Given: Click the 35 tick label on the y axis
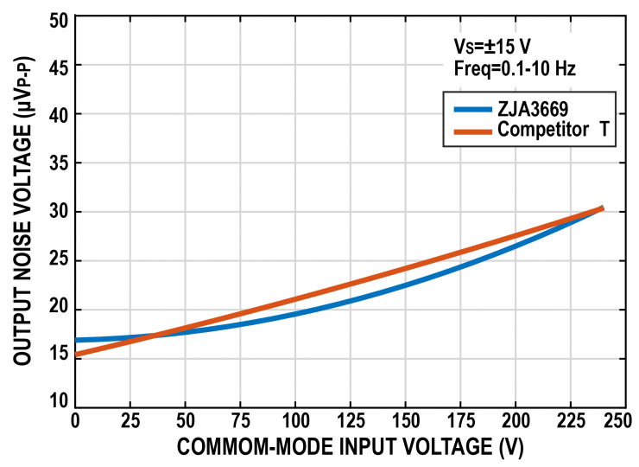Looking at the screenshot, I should [x=59, y=163].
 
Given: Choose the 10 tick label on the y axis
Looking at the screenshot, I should [x=59, y=401].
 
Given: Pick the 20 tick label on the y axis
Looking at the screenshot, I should [x=59, y=310].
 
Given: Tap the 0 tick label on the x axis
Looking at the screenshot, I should [x=75, y=420].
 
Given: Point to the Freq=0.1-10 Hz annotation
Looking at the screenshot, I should [x=515, y=67].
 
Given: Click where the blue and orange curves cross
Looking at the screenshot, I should [x=153, y=335].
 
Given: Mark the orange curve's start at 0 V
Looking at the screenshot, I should [x=76, y=355].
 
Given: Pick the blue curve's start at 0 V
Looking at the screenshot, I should [x=76, y=340].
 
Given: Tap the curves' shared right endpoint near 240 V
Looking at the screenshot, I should [x=601, y=208].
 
